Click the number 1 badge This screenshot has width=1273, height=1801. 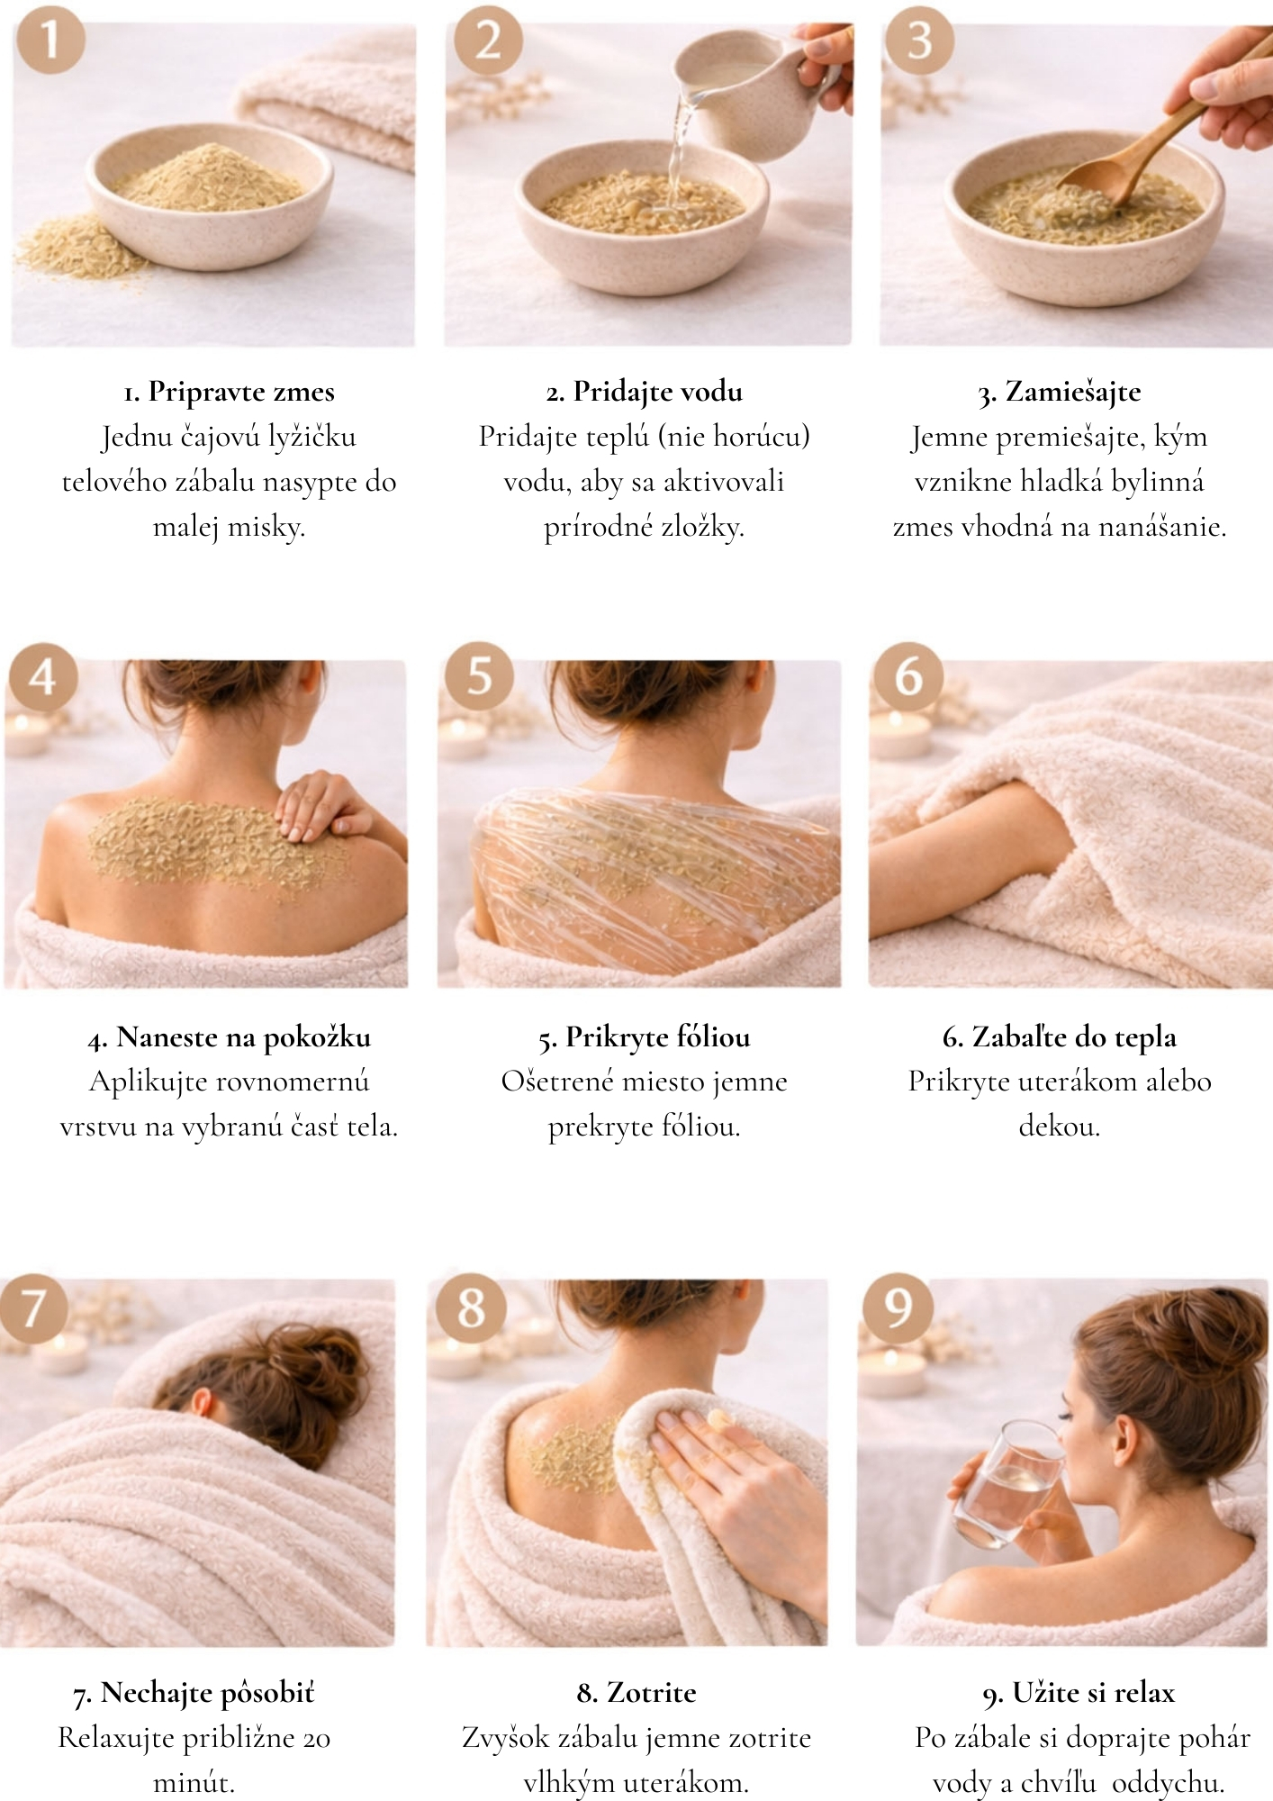[x=50, y=40]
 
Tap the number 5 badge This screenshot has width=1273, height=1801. [x=480, y=675]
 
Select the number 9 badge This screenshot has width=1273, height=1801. [x=898, y=1308]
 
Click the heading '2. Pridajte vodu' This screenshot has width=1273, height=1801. [x=645, y=392]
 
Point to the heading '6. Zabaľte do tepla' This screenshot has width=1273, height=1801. [x=1060, y=1037]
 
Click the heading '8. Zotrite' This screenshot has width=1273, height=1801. [x=636, y=1693]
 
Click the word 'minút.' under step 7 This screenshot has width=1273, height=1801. [x=194, y=1782]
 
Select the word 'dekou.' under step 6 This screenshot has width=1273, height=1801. [x=1060, y=1127]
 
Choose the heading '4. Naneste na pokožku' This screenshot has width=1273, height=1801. [x=230, y=1037]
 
